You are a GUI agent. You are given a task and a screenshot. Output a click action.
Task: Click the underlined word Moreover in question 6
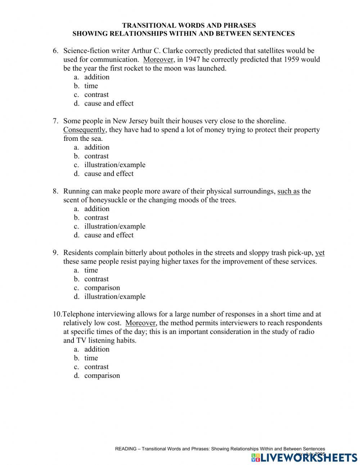click(159, 59)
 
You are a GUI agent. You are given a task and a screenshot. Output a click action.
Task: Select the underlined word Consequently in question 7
click(85, 130)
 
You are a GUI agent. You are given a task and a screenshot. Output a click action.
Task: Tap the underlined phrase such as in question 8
click(288, 191)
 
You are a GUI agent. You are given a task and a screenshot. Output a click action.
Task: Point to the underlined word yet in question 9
click(320, 253)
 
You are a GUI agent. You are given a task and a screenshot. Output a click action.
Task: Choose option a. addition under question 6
click(96, 77)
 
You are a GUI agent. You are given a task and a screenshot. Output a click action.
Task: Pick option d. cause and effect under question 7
click(108, 174)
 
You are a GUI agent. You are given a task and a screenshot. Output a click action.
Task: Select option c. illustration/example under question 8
click(114, 226)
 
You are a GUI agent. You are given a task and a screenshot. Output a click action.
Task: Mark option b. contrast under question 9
click(96, 279)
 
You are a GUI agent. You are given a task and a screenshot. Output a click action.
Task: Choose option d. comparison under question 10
click(102, 376)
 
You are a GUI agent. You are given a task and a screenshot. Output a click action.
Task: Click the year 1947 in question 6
click(193, 59)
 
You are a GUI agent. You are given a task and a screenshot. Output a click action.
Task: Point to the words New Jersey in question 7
click(129, 121)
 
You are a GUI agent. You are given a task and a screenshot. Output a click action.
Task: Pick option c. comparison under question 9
click(102, 288)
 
